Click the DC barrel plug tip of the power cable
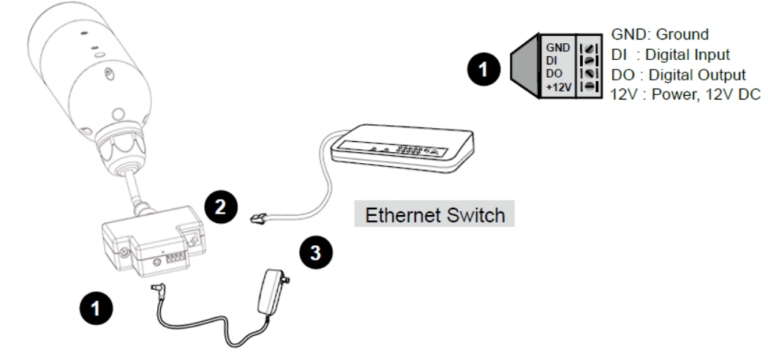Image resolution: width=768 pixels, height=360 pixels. point(156,288)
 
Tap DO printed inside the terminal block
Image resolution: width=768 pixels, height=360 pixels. point(552,74)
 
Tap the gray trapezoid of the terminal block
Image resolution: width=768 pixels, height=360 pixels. point(524,67)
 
